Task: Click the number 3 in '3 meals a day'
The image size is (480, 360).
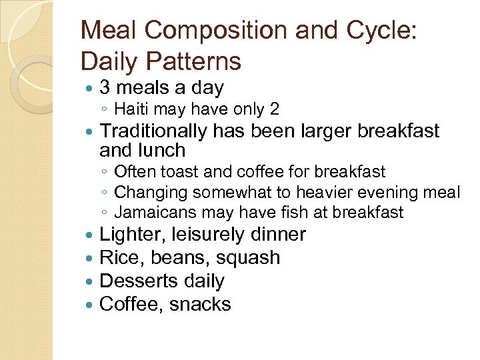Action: (x=105, y=87)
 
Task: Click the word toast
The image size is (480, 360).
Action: (x=177, y=171)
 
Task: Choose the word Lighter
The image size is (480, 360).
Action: (x=132, y=235)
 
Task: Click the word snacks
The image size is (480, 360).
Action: (x=200, y=305)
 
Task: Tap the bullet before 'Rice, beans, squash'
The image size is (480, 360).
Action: (x=90, y=258)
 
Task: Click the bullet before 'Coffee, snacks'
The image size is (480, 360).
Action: (x=90, y=305)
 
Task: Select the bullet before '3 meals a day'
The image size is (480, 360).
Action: (x=90, y=87)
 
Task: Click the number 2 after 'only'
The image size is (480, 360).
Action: (x=275, y=109)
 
